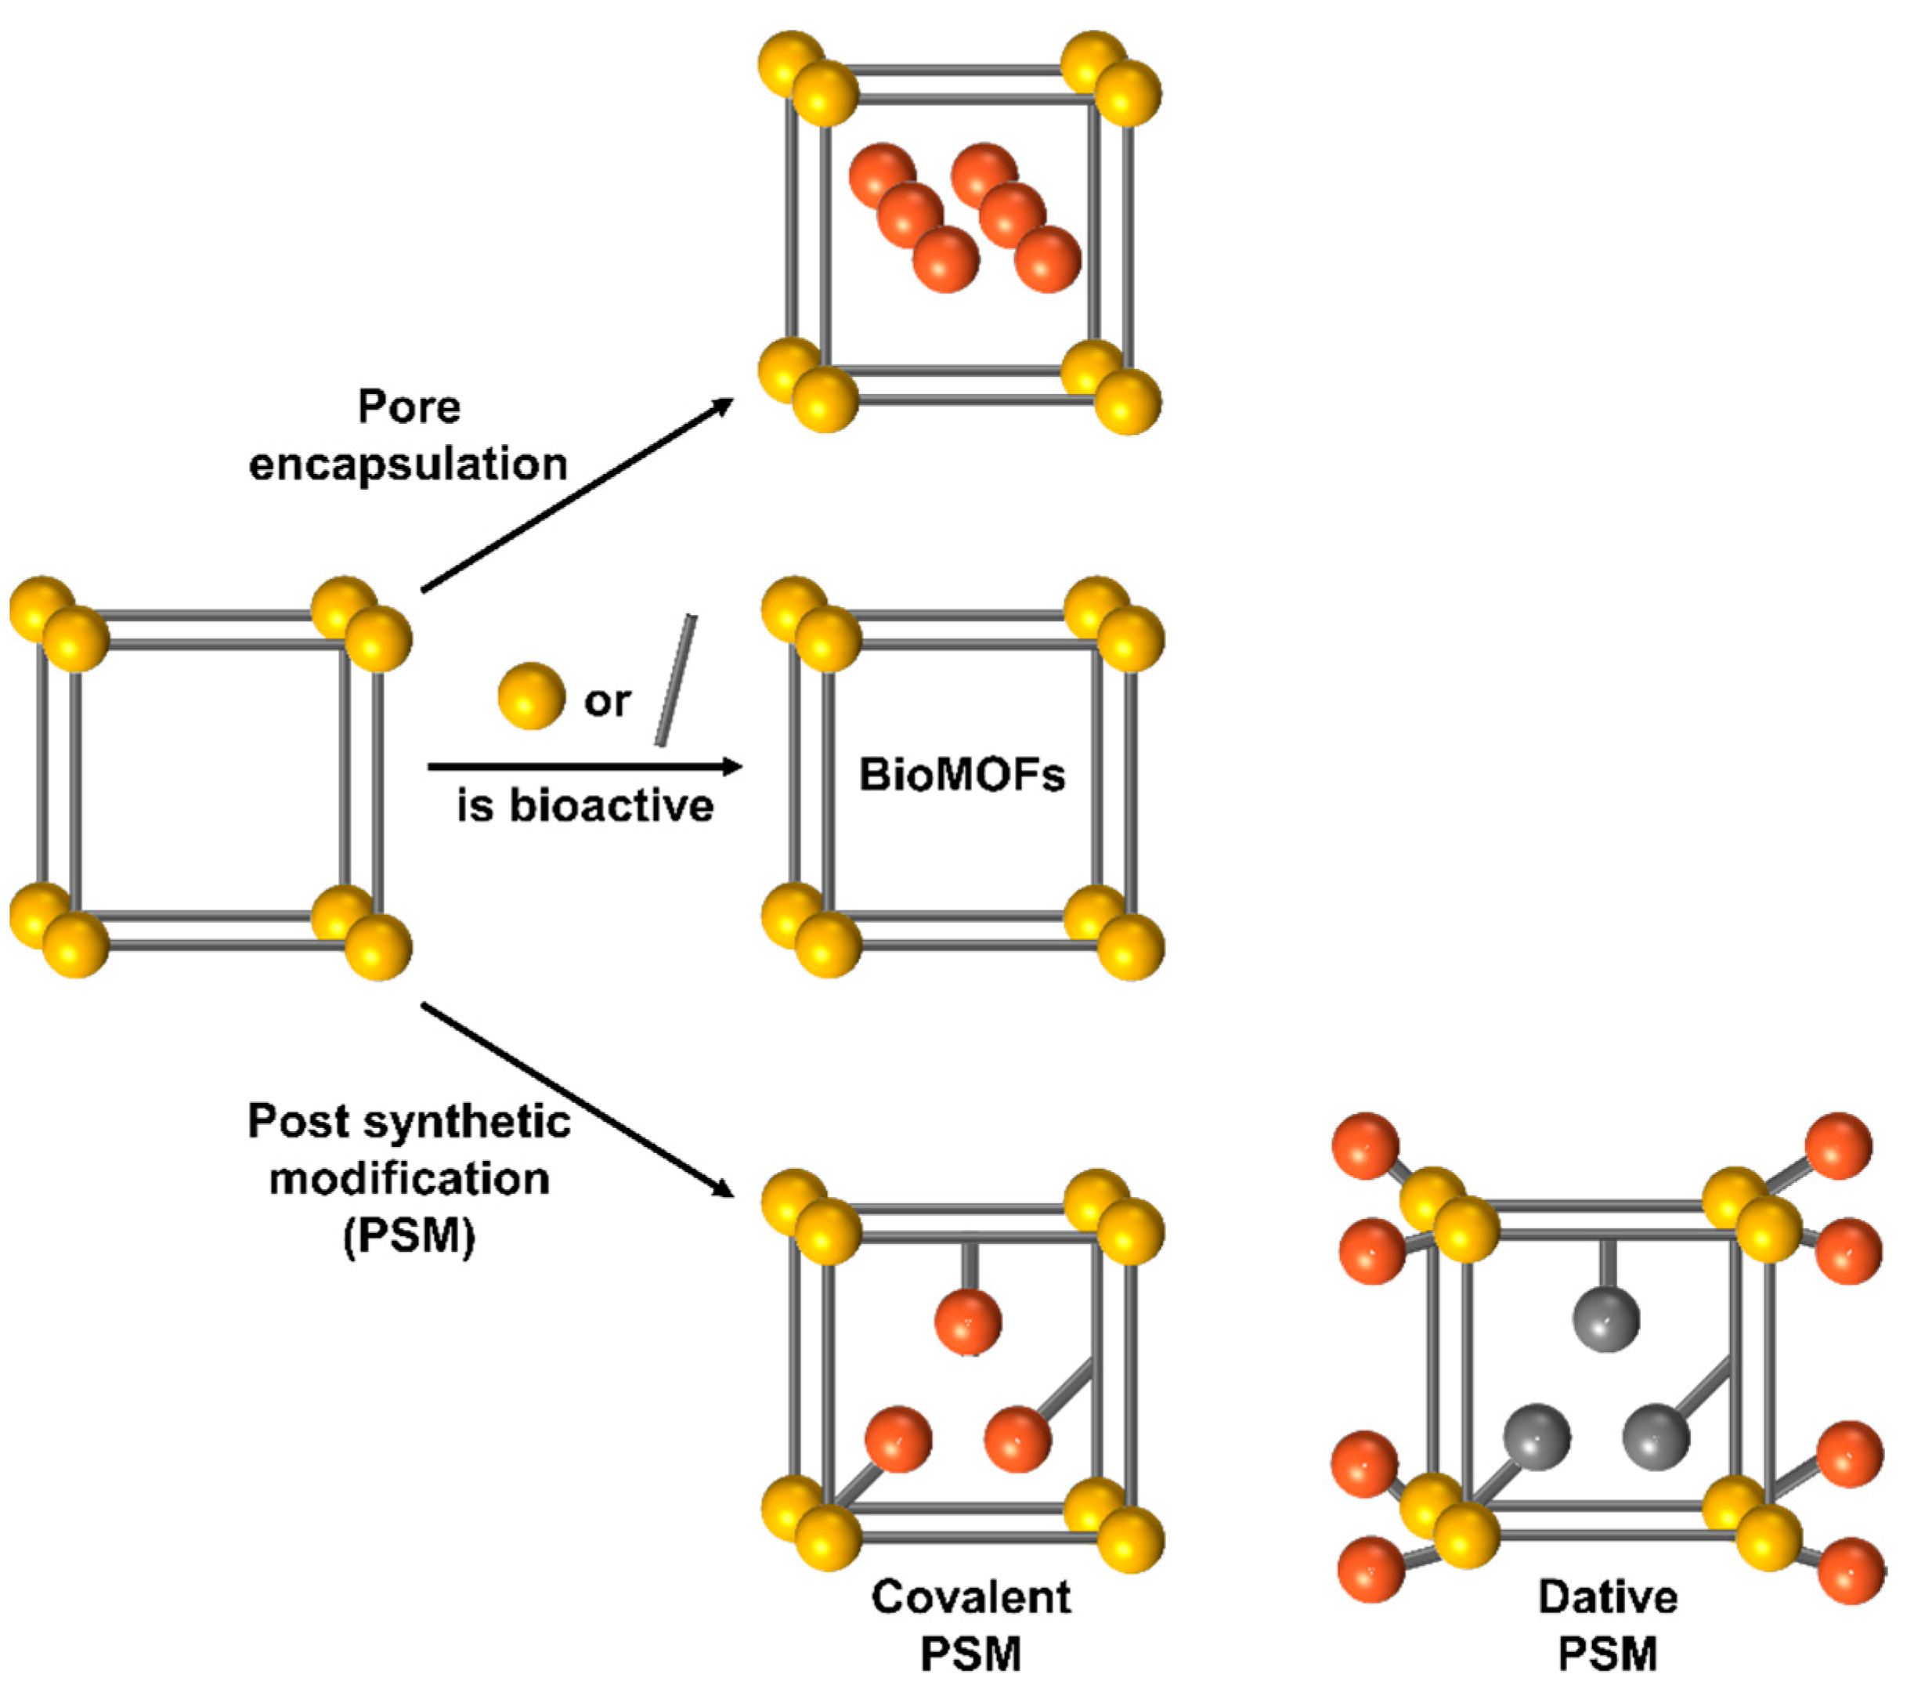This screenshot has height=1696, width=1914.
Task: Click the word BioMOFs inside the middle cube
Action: tap(962, 776)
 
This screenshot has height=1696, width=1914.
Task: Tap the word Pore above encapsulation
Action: tap(410, 407)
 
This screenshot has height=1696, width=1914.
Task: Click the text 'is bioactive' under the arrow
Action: tap(585, 806)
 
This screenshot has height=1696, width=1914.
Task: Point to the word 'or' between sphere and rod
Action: tap(607, 700)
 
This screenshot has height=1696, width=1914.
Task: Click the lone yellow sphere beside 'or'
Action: tap(531, 696)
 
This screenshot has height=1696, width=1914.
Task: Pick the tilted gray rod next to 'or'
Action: tap(675, 681)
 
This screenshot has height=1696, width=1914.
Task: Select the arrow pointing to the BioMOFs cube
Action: tap(584, 767)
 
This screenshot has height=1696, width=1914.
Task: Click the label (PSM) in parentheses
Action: tap(410, 1236)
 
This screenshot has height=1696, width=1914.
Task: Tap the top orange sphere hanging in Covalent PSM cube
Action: tap(968, 1322)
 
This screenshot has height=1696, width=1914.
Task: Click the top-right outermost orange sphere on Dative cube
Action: tap(1838, 1145)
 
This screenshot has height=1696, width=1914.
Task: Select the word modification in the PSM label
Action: tap(410, 1179)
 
